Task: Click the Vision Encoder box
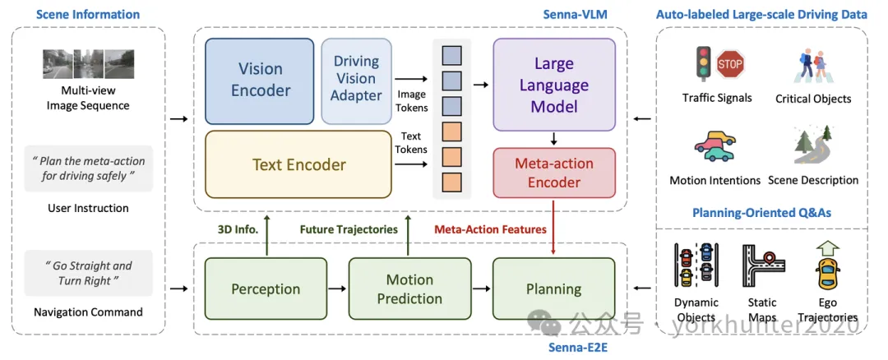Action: tap(261, 79)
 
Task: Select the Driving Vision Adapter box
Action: tap(356, 79)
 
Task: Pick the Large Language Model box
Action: tap(554, 85)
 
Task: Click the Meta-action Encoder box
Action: tap(553, 173)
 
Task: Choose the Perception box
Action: tap(266, 288)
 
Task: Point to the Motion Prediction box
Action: tap(409, 288)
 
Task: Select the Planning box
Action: tap(553, 288)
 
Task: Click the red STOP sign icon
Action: tap(730, 64)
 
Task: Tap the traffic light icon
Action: tap(704, 64)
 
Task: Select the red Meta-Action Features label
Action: tap(491, 229)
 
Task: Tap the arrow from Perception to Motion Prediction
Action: tap(338, 288)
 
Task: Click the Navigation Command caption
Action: tap(88, 312)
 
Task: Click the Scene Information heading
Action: tap(88, 14)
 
